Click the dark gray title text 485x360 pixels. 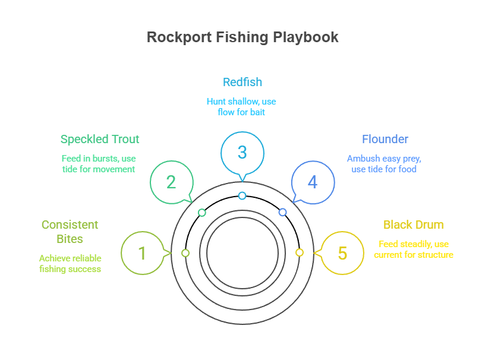pos(242,40)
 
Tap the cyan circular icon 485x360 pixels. pos(242,152)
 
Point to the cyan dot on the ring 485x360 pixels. pos(242,195)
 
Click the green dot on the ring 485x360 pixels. pos(202,212)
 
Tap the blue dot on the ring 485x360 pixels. pos(283,212)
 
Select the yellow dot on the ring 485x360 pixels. pos(300,254)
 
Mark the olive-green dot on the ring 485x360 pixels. pos(185,254)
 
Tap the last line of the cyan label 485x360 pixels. pos(241,115)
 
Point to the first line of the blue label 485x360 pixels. pos(385,143)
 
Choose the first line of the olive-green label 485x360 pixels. pos(67,225)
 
